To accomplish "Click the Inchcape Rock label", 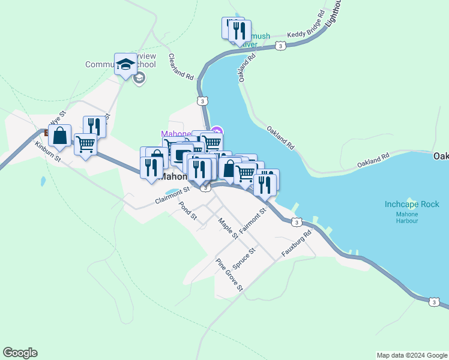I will pyautogui.click(x=412, y=205).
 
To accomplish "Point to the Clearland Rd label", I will pyautogui.click(x=181, y=67).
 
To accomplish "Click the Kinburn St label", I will pyautogui.click(x=48, y=152).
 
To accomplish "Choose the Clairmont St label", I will pyautogui.click(x=172, y=196).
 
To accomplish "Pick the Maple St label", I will pyautogui.click(x=229, y=227).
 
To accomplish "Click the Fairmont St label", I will pyautogui.click(x=252, y=221).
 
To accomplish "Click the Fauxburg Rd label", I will pyautogui.click(x=298, y=242).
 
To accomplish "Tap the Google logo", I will pyautogui.click(x=20, y=353).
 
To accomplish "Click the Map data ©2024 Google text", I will pyautogui.click(x=412, y=355).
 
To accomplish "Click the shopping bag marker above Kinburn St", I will pyautogui.click(x=60, y=137).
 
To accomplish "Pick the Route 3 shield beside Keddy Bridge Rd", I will pyautogui.click(x=280, y=46).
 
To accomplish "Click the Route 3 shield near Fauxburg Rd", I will pyautogui.click(x=297, y=223).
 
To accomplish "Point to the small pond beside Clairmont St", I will pyautogui.click(x=171, y=193).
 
